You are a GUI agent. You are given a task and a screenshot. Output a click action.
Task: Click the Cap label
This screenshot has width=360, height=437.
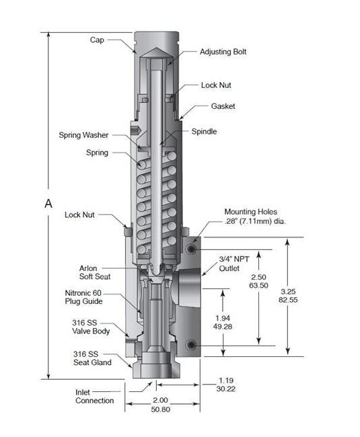97,40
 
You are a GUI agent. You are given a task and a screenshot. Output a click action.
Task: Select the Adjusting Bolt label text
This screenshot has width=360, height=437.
223,52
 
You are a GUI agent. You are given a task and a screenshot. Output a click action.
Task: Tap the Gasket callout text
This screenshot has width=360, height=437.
223,106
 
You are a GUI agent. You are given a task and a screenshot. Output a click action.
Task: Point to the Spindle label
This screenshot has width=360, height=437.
204,132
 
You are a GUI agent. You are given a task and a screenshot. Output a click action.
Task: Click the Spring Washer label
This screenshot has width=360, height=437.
83,135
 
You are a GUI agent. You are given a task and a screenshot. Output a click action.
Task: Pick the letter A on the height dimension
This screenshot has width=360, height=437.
48,204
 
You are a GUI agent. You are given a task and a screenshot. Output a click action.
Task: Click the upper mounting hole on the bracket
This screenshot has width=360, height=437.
191,249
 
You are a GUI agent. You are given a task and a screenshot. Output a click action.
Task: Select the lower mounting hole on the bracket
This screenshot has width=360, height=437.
191,345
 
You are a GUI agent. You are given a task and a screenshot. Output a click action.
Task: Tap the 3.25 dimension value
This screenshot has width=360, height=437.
288,292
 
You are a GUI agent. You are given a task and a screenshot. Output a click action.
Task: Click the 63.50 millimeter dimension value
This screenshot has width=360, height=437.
258,286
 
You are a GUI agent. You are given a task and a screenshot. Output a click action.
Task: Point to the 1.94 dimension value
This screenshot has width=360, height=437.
223,318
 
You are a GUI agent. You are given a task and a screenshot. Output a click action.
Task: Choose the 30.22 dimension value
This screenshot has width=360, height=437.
226,389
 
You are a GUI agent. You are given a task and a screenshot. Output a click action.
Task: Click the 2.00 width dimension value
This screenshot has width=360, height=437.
160,400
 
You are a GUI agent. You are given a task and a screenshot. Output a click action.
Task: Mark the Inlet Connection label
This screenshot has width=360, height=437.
94,397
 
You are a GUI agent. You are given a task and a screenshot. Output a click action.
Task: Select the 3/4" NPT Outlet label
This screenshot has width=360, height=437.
233,264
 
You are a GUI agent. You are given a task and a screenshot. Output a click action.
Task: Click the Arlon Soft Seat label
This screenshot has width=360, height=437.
95,272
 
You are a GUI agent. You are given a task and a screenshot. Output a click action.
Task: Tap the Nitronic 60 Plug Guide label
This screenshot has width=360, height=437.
83,297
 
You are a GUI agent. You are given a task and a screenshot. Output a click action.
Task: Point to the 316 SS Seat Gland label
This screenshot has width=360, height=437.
92,358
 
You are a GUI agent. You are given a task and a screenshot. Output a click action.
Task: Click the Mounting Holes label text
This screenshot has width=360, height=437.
251,212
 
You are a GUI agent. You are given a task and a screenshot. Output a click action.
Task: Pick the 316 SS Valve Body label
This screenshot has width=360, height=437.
91,327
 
